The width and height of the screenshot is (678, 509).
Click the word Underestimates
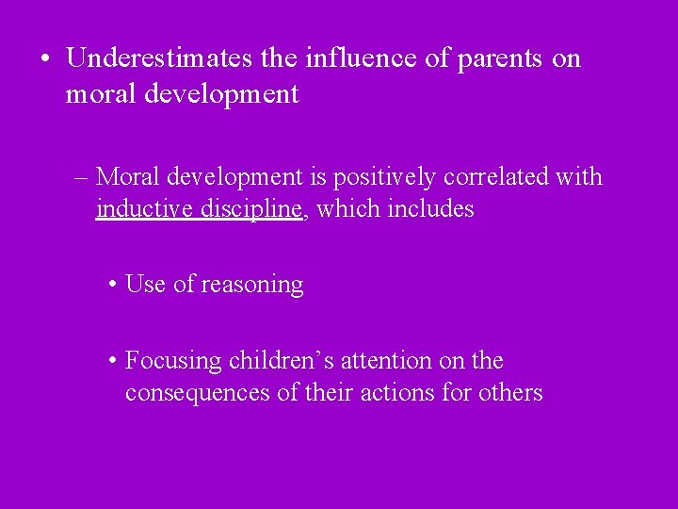[x=159, y=58]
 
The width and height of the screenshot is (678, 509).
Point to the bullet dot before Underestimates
[x=45, y=59]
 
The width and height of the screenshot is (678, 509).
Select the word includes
[x=430, y=208]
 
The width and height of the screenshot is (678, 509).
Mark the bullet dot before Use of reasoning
[x=112, y=285]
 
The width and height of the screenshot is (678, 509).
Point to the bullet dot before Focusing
[x=112, y=361]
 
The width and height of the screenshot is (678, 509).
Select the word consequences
[x=198, y=392]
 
